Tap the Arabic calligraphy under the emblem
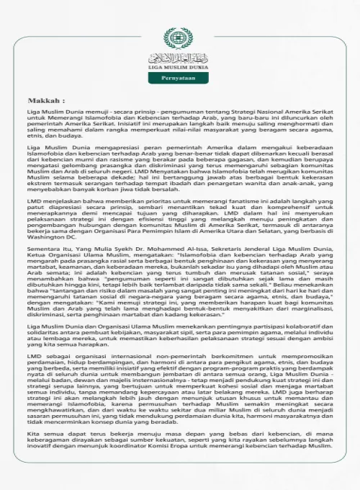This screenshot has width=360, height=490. click(179, 57)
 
